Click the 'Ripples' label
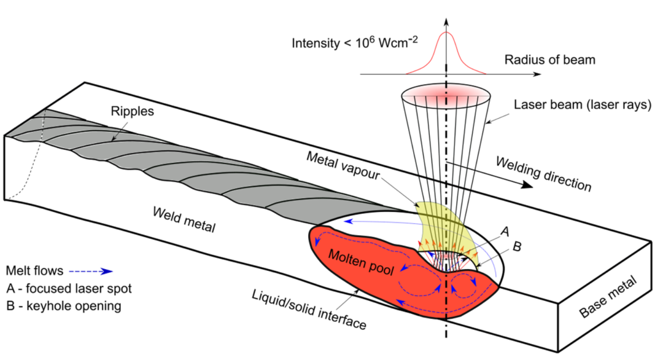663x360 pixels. (133, 111)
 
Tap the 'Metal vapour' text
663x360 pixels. (343, 166)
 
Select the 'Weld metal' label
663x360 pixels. (184, 220)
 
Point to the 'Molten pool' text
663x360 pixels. (361, 262)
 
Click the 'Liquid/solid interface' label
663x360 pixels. (309, 310)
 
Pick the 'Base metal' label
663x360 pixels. (608, 297)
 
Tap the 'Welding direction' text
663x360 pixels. (544, 173)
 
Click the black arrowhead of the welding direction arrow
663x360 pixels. (527, 184)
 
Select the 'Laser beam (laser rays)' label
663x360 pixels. (583, 105)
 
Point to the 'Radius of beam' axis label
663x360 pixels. (549, 60)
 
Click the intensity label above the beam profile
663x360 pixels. (355, 42)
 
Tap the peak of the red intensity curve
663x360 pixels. (446, 32)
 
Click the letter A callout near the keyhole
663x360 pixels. (505, 232)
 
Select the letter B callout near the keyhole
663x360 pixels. (517, 246)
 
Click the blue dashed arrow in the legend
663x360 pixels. (90, 271)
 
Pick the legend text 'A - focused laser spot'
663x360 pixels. (69, 289)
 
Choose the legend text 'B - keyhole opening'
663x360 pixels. (64, 306)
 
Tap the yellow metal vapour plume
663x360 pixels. (440, 224)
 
